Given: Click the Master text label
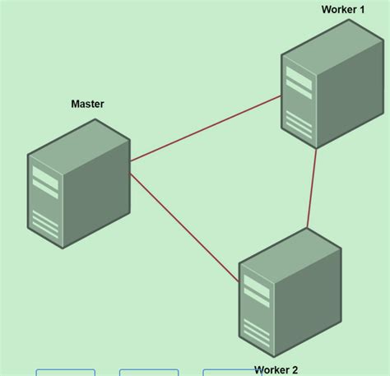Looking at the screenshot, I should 87,104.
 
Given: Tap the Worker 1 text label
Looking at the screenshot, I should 342,10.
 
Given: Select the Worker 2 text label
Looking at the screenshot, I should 276,370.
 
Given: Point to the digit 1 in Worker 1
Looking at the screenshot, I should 361,10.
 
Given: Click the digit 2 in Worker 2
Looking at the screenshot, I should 294,370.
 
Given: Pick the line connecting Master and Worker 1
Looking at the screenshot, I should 206,128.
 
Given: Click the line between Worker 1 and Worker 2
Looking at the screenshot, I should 312,188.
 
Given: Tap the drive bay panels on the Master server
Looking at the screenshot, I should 45,182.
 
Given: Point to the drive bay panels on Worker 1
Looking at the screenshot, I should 299,81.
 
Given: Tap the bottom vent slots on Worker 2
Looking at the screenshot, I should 256,332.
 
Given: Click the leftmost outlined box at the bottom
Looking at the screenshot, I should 66,373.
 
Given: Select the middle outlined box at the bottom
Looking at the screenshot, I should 149,373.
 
